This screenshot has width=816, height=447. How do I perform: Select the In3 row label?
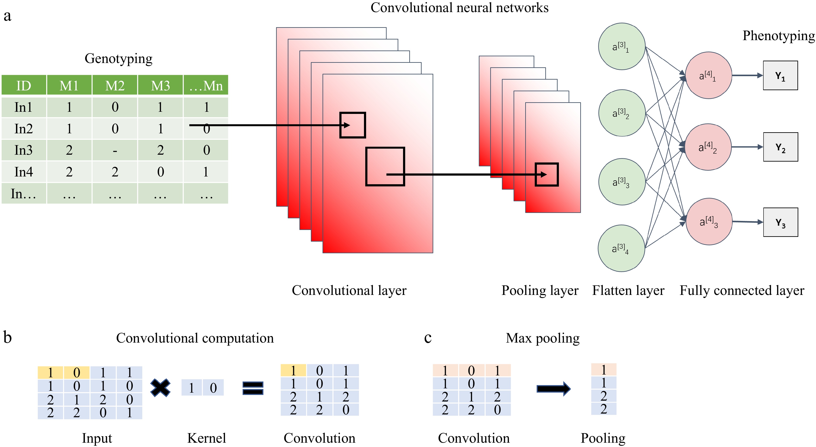tap(24, 150)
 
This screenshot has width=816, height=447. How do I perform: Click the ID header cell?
tap(24, 85)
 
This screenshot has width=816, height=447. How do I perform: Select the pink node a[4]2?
tap(708, 147)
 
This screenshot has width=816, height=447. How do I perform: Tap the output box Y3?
tap(780, 222)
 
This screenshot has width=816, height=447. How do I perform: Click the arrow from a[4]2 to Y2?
tap(747, 147)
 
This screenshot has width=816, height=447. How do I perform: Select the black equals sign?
tap(253, 388)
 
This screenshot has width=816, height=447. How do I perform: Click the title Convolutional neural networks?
tap(459, 8)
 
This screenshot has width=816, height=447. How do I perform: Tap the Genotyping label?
tap(119, 58)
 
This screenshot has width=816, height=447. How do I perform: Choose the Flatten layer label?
tap(628, 290)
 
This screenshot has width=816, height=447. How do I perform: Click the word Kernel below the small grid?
tap(207, 438)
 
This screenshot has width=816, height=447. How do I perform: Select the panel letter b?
tap(8, 337)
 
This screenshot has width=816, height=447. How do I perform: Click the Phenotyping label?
tap(778, 36)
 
